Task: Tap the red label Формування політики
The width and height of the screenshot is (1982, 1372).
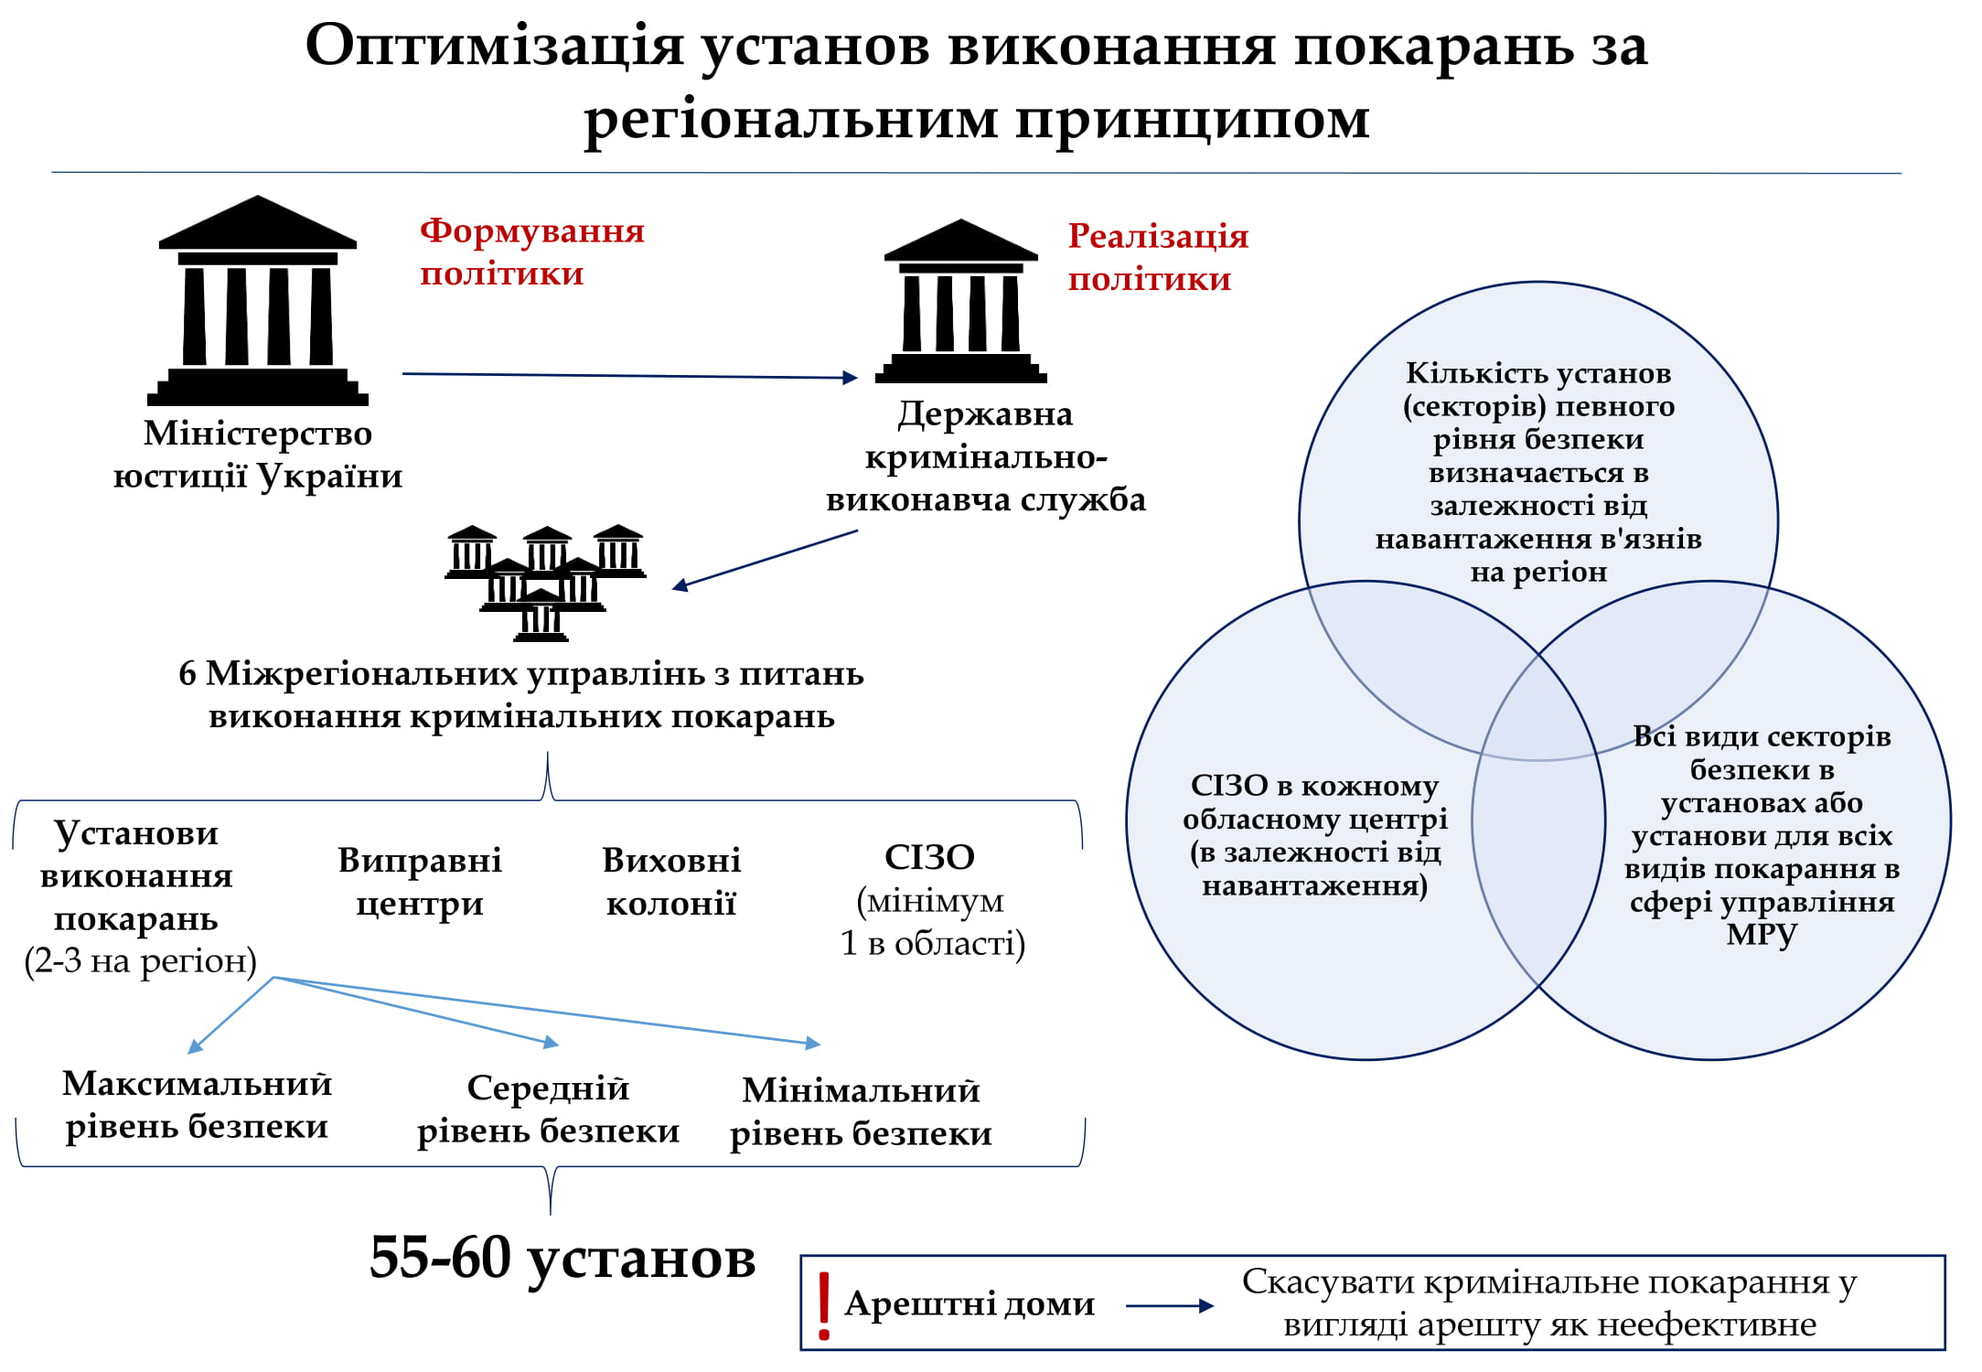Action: (531, 252)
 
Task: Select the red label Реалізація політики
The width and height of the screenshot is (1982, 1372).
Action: (1157, 258)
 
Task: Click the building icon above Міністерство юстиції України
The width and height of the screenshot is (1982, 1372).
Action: (258, 301)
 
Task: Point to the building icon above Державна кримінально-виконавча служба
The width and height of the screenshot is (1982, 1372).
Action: (960, 302)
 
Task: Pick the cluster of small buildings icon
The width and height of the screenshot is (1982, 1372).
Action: (545, 582)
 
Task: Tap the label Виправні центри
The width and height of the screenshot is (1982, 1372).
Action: (420, 882)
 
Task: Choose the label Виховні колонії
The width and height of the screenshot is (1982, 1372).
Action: (671, 882)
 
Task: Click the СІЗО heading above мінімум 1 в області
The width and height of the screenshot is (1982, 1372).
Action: (929, 858)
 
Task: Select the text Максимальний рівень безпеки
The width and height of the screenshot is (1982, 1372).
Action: (197, 1105)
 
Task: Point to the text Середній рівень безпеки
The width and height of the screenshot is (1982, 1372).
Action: (548, 1109)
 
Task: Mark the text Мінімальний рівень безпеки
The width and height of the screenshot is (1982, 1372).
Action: (861, 1111)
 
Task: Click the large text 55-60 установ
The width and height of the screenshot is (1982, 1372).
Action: (562, 1258)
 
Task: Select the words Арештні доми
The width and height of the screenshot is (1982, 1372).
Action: (970, 1303)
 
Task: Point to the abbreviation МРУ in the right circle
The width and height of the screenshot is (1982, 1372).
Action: (1762, 935)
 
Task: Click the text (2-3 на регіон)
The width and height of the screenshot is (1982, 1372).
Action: (140, 961)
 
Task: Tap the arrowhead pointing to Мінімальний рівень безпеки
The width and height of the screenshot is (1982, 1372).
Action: (813, 1043)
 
